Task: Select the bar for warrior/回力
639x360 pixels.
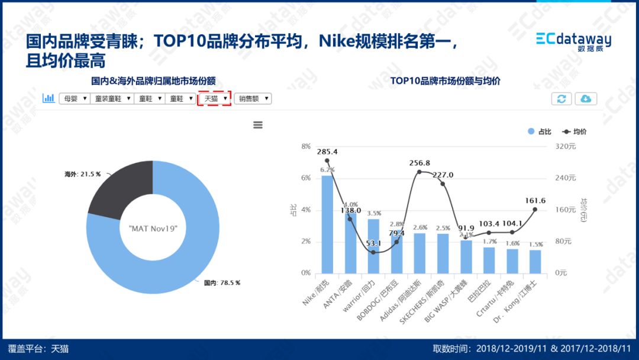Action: pyautogui.click(x=373, y=246)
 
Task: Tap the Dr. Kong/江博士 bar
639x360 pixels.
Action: pyautogui.click(x=535, y=261)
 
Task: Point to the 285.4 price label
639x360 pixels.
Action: pyautogui.click(x=327, y=152)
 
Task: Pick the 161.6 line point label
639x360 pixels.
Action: pyautogui.click(x=535, y=201)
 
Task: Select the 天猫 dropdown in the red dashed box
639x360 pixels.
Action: pyautogui.click(x=215, y=99)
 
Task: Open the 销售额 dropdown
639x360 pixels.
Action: pyautogui.click(x=253, y=99)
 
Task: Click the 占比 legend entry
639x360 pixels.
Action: pyautogui.click(x=540, y=131)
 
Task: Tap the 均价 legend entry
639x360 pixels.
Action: pyautogui.click(x=574, y=131)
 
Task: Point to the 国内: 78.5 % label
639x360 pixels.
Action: pyautogui.click(x=222, y=283)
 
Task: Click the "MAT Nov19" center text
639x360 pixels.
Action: pyautogui.click(x=153, y=228)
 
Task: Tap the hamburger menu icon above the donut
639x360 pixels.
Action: pyautogui.click(x=257, y=125)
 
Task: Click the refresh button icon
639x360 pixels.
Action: pyautogui.click(x=561, y=99)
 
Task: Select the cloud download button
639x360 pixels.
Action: pyautogui.click(x=586, y=99)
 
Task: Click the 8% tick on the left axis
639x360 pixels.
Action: pyautogui.click(x=306, y=146)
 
